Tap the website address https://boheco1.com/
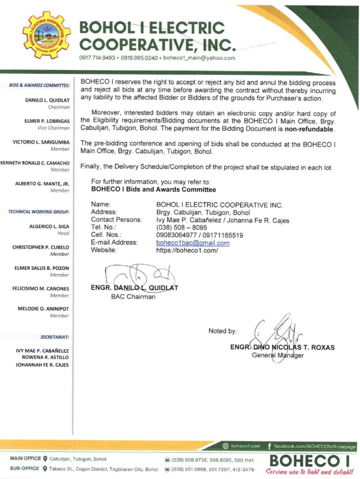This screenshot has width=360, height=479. (x=187, y=250)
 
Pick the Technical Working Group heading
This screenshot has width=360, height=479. (x=39, y=211)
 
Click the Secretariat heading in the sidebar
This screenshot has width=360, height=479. (x=55, y=336)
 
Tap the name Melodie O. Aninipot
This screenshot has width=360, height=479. (x=43, y=309)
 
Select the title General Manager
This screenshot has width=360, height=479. (x=278, y=355)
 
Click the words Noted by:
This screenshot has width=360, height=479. (x=222, y=331)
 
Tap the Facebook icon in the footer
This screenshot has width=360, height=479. (x=270, y=446)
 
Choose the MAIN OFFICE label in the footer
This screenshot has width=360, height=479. (x=25, y=458)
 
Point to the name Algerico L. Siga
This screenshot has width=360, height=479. (x=49, y=226)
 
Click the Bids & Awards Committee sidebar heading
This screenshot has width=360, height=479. (x=40, y=85)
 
